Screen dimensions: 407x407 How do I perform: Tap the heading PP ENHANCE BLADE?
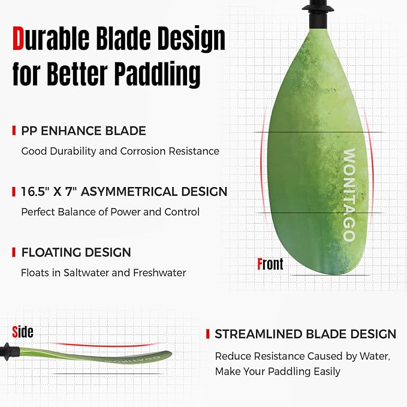click(83, 131)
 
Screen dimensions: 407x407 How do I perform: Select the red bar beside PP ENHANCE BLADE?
click(14, 131)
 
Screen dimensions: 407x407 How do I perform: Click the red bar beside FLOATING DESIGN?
click(14, 253)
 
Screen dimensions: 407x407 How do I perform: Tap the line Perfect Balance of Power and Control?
click(110, 212)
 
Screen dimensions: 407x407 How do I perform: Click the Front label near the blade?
click(270, 264)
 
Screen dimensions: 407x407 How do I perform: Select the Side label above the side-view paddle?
click(23, 331)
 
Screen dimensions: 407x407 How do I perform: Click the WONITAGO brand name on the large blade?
click(349, 195)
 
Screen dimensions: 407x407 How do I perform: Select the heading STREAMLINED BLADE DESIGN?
click(305, 334)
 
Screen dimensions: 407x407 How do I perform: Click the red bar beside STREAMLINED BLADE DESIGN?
click(207, 334)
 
